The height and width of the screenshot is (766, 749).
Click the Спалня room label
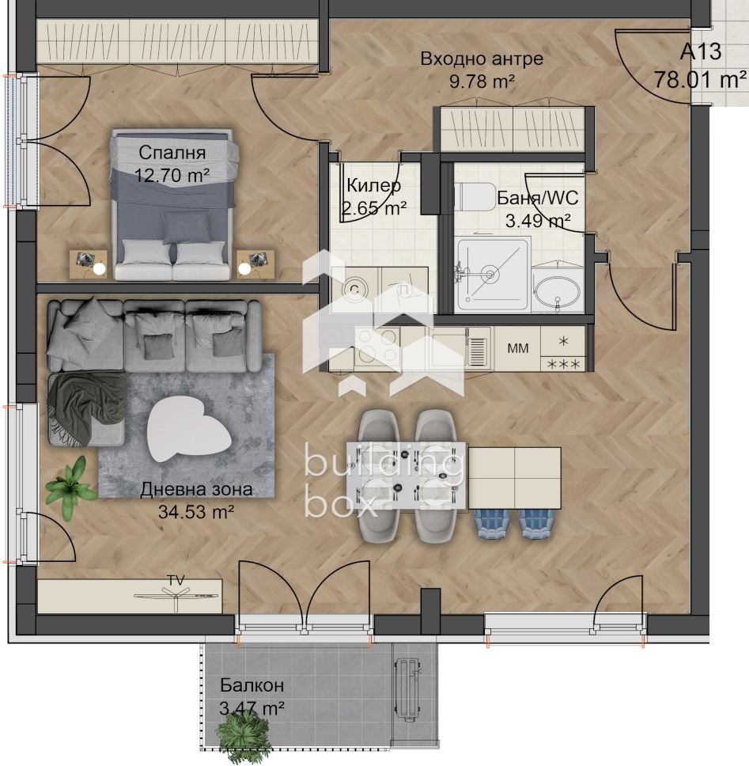pyautogui.click(x=172, y=153)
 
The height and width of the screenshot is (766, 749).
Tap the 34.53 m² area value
pyautogui.click(x=197, y=511)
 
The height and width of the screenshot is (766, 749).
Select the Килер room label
pyautogui.click(x=373, y=186)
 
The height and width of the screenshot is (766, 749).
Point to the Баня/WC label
pyautogui.click(x=532, y=198)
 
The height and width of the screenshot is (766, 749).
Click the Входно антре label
pyautogui.click(x=482, y=59)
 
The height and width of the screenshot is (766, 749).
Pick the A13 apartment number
pyautogui.click(x=701, y=53)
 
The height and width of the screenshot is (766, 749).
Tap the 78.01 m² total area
pyautogui.click(x=701, y=80)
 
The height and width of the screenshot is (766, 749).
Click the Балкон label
pyautogui.click(x=252, y=685)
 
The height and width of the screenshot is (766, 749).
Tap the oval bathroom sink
pyautogui.click(x=558, y=294)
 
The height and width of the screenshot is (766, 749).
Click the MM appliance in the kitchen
pyautogui.click(x=518, y=347)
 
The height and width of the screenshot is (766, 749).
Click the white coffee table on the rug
pyautogui.click(x=190, y=427)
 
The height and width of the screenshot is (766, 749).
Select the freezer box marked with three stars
pyautogui.click(x=563, y=364)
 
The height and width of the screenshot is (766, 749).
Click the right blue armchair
pyautogui.click(x=538, y=523)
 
